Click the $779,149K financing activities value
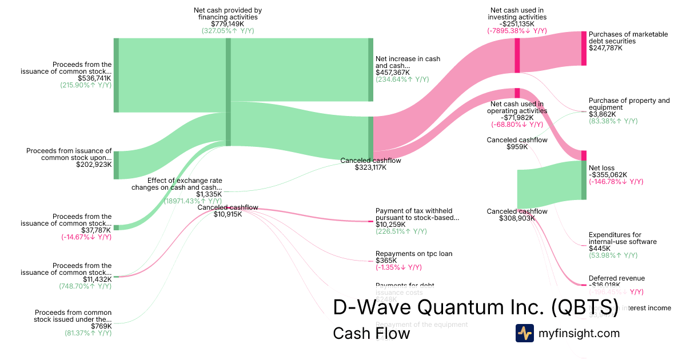tap(228, 24)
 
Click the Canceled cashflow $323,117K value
tap(370, 168)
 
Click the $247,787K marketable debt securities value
tap(605, 48)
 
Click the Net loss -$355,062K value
tap(608, 175)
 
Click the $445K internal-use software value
tap(597, 249)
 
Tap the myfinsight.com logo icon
tap(524, 333)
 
